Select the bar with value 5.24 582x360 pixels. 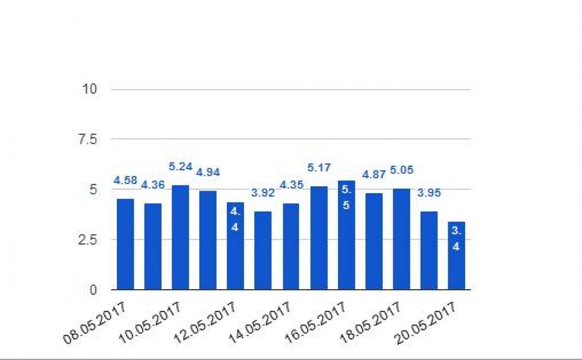click(x=180, y=237)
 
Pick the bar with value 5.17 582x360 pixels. click(x=319, y=238)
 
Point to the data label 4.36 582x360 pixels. click(x=152, y=184)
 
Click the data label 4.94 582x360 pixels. click(x=208, y=172)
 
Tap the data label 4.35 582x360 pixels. click(x=291, y=184)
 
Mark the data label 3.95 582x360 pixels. click(x=429, y=193)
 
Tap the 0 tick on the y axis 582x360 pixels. click(x=93, y=290)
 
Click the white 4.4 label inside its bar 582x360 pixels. click(x=235, y=219)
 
